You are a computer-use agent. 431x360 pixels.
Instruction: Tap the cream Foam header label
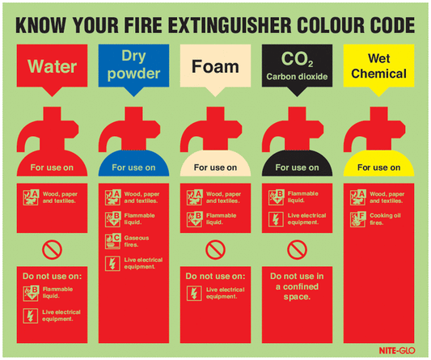pyautogui.click(x=213, y=65)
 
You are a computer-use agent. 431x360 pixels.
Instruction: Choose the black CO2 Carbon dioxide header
pyautogui.click(x=296, y=65)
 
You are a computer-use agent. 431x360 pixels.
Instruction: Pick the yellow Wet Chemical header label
pyautogui.click(x=378, y=65)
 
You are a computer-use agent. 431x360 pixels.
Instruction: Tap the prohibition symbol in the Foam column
pyautogui.click(x=213, y=249)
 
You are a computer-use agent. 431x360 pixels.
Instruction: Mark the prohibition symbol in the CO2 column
pyautogui.click(x=296, y=249)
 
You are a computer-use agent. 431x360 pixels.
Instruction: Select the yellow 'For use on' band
pyautogui.click(x=378, y=167)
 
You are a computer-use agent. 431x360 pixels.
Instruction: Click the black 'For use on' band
pyautogui.click(x=296, y=167)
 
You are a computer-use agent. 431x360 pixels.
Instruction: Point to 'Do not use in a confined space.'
pyautogui.click(x=296, y=286)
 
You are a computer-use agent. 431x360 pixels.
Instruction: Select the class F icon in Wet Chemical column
pyautogui.click(x=357, y=218)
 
